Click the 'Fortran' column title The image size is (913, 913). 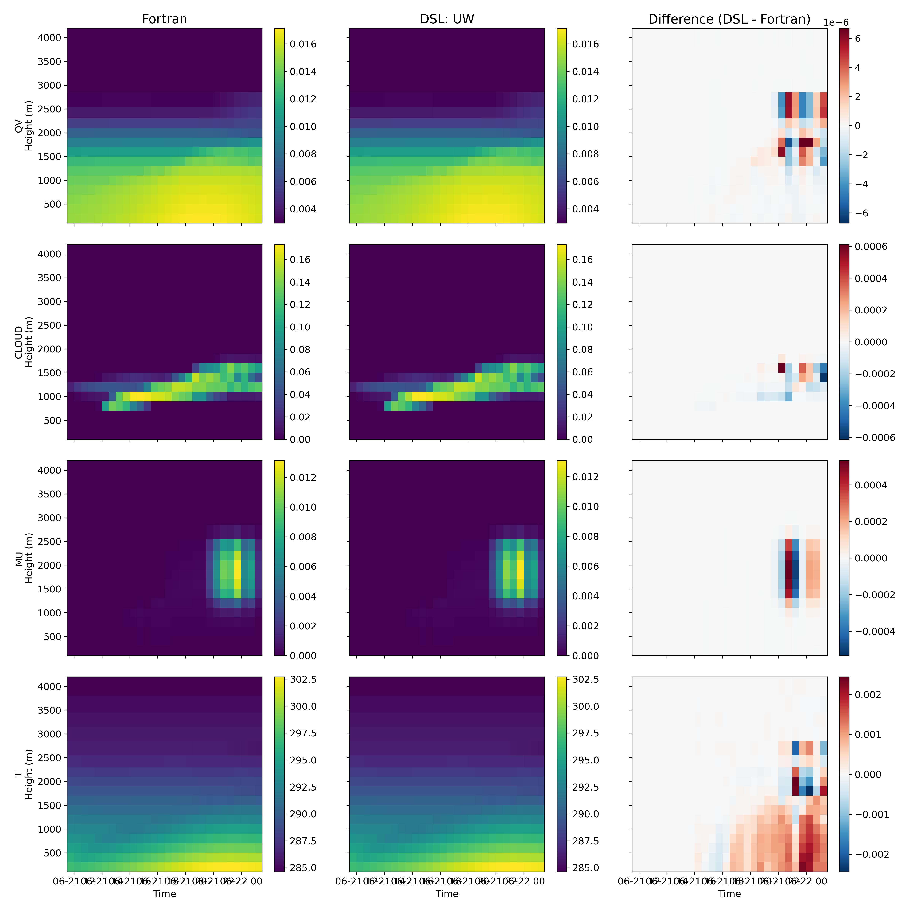[x=165, y=19]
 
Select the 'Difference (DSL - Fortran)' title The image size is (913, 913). [x=729, y=19]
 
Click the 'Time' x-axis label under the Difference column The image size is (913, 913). [x=729, y=894]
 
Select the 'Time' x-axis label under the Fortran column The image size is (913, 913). [x=165, y=894]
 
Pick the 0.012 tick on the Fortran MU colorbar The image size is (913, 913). [x=302, y=477]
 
